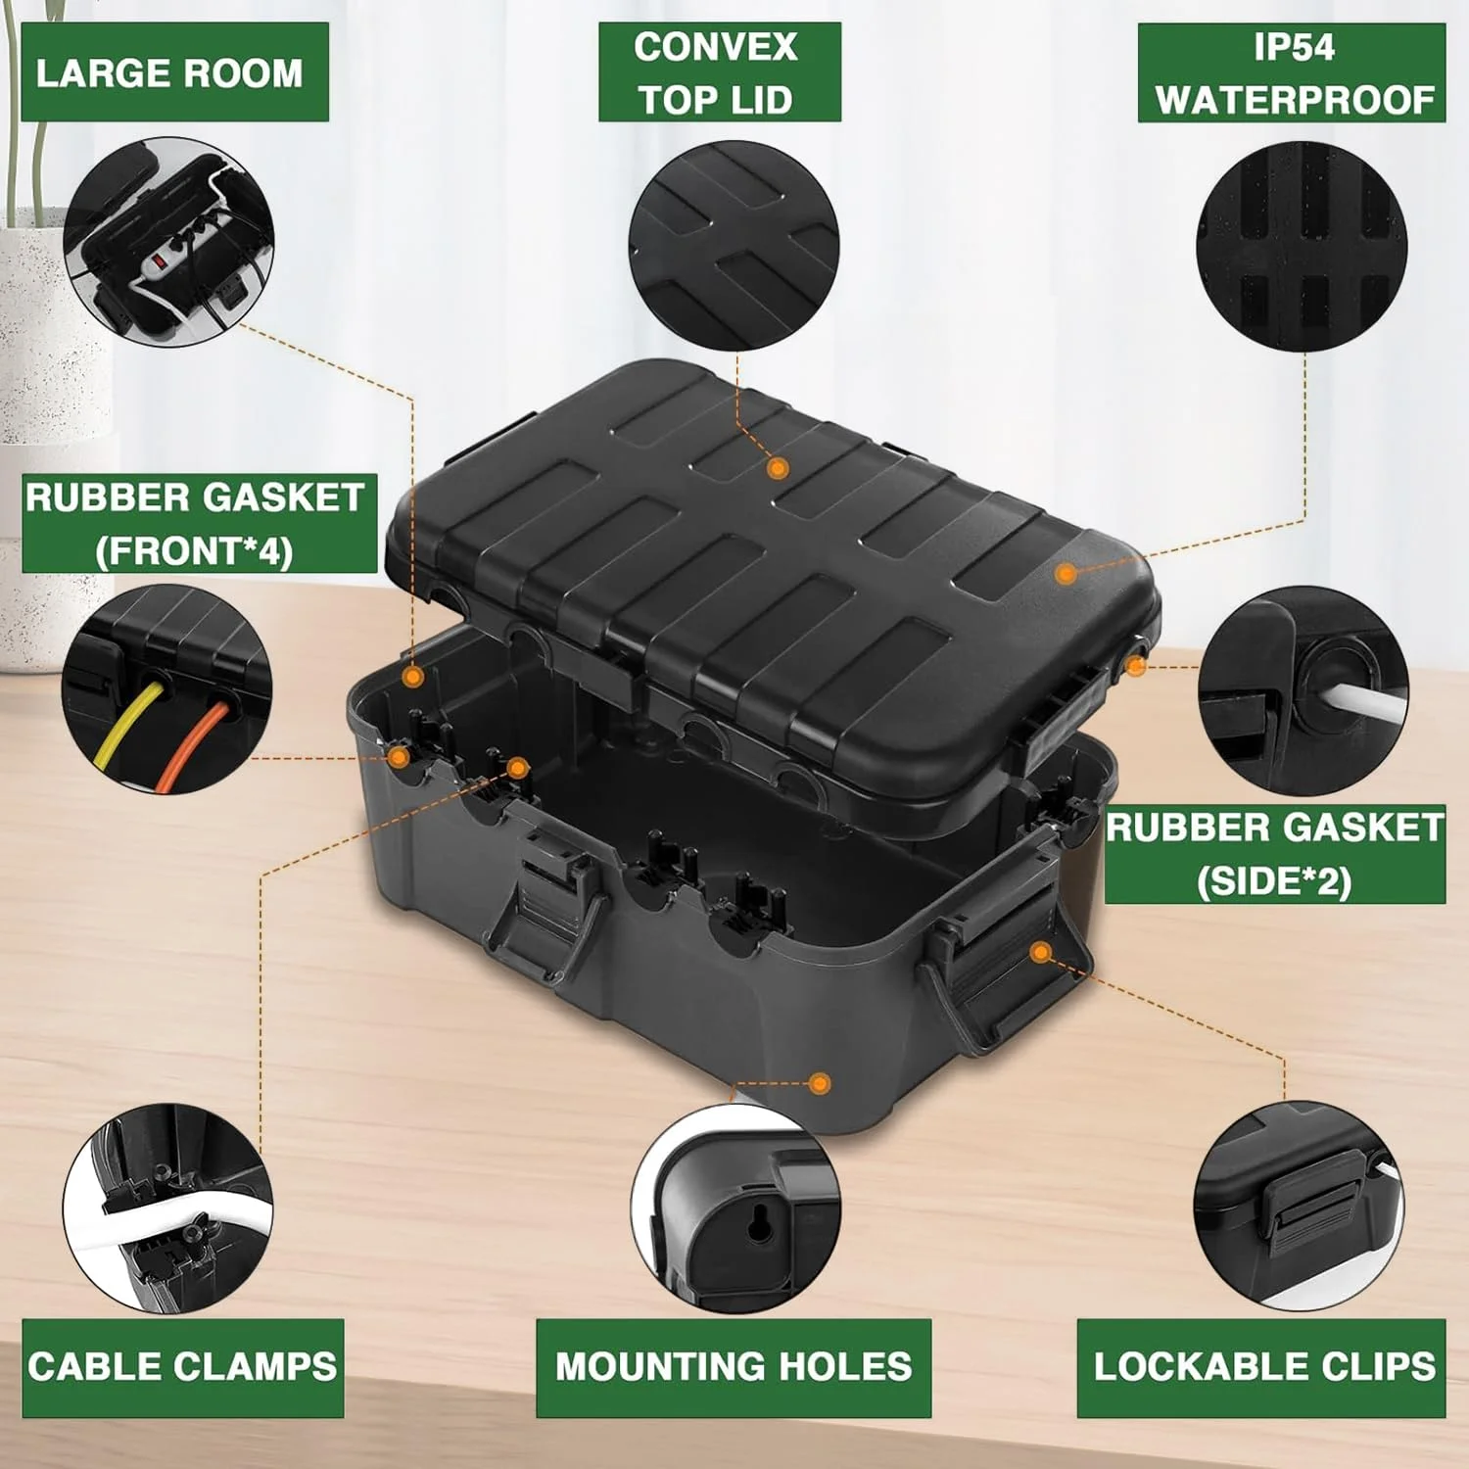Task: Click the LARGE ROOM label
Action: [x=169, y=73]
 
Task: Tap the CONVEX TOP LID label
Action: [x=719, y=73]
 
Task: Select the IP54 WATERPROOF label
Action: [x=1292, y=73]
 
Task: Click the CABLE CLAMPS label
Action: [x=182, y=1367]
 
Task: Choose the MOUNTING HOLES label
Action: [x=734, y=1367]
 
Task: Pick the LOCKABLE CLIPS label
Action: [x=1261, y=1367]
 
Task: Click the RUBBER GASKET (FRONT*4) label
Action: [x=199, y=524]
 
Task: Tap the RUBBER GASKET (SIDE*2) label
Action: [x=1275, y=854]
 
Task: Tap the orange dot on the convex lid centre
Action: [x=779, y=468]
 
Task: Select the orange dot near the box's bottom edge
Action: [x=821, y=1083]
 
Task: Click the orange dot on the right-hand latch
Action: [x=1042, y=952]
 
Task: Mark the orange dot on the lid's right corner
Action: [x=1067, y=573]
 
